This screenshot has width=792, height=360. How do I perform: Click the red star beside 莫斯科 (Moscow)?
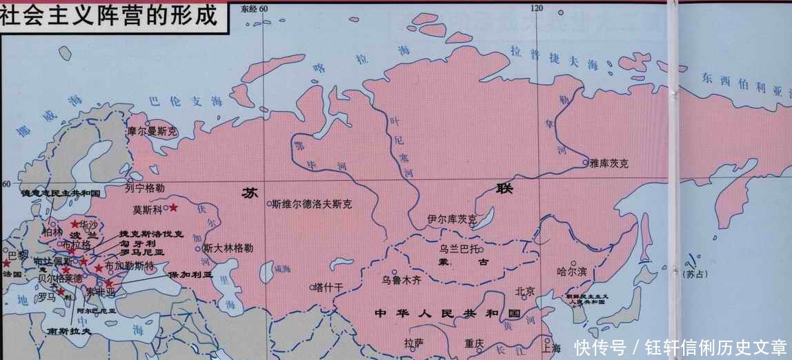pos(173,208)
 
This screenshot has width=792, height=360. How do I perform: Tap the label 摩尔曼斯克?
pos(152,130)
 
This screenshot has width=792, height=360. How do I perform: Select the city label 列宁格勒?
pos(146,188)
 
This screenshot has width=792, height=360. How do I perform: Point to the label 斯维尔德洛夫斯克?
pos(312,204)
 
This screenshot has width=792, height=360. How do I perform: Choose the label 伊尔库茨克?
pos(452,219)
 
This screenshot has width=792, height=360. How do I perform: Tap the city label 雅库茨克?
pos(609,163)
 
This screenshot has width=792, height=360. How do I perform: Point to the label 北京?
pos(524,291)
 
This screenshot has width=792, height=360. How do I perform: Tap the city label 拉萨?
pos(414,342)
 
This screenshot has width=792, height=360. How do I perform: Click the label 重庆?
pos(475,343)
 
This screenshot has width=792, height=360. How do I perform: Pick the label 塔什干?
pos(328,287)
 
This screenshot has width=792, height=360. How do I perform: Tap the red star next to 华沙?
pos(75,224)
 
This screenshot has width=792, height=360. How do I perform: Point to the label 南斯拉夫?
pos(69,331)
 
